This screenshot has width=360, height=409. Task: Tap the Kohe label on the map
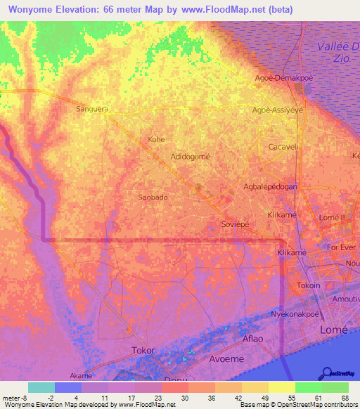click(156, 139)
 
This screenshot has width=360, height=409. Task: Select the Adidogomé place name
click(191, 157)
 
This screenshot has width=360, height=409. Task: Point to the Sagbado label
click(153, 197)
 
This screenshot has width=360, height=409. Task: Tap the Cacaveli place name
click(284, 147)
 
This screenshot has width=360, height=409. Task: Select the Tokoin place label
click(309, 285)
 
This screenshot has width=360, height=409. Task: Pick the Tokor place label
click(143, 349)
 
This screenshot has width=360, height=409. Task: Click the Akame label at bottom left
click(80, 375)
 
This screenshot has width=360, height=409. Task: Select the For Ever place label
click(341, 248)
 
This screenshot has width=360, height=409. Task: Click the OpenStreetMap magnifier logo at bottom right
click(327, 372)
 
